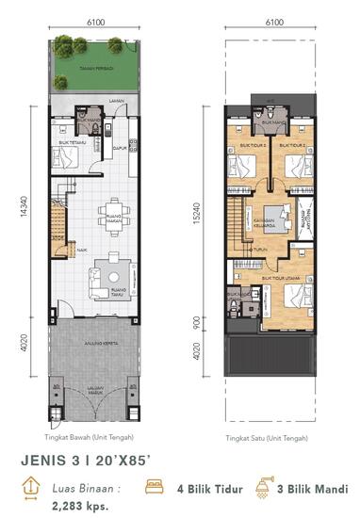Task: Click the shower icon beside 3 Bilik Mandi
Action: click(263, 487)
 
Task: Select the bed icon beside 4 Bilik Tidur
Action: click(153, 487)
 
